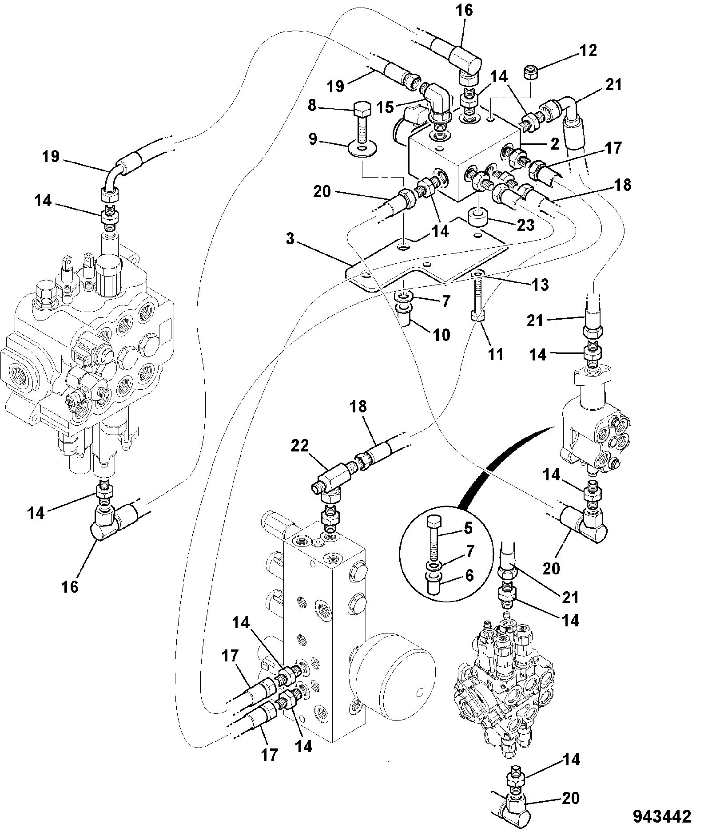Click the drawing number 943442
(662, 816)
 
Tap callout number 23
(525, 225)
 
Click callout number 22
(299, 446)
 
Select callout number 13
(540, 285)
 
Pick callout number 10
(442, 335)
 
